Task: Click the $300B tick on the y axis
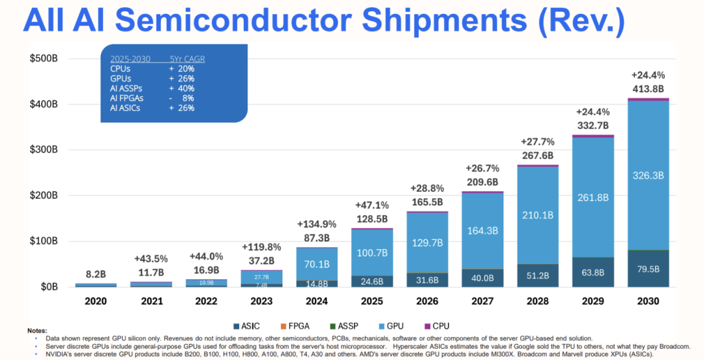(x=44, y=149)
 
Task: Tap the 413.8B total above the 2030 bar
(x=647, y=89)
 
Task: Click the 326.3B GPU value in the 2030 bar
(x=647, y=175)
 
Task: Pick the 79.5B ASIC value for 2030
(x=647, y=269)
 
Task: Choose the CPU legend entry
(x=436, y=325)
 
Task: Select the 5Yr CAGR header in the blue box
(x=187, y=59)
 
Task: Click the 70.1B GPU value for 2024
(x=317, y=264)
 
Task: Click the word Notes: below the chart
(x=38, y=331)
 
